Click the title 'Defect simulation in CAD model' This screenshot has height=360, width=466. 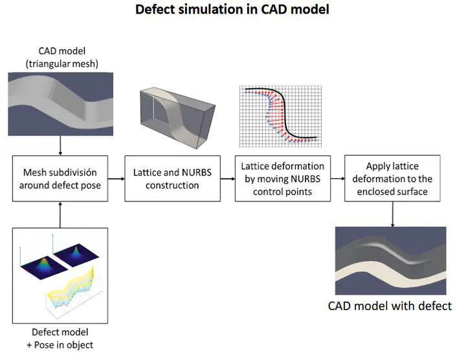232,10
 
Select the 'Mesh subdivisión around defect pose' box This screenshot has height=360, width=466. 60,179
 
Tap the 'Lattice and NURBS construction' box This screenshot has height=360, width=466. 172,179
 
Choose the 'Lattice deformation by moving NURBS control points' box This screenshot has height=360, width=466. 283,179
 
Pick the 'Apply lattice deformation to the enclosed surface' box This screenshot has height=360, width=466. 392,178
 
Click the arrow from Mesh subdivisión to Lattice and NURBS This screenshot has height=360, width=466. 116,179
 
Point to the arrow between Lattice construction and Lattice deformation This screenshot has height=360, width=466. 228,179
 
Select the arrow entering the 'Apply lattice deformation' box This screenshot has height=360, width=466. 338,179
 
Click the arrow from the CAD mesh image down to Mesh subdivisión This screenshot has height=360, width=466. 60,146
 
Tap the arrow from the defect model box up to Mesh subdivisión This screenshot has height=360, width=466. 60,215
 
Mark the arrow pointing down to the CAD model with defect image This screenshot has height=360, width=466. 393,214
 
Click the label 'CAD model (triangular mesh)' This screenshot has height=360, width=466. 62,57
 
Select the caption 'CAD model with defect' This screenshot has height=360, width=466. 390,306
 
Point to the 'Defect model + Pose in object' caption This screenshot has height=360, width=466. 60,338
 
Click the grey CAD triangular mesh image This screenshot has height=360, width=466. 61,104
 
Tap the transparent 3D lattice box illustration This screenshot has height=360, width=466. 177,118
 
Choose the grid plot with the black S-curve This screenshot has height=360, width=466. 280,117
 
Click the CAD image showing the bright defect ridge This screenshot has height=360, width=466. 390,261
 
